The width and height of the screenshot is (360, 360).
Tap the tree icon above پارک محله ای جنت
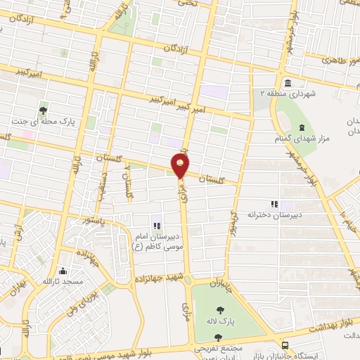pos(44,110)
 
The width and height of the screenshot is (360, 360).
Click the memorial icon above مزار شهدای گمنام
pos(302,127)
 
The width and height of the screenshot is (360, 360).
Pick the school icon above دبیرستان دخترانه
pos(284,203)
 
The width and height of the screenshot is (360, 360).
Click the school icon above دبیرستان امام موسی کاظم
pos(157,226)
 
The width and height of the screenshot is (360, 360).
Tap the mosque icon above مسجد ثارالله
pos(64,271)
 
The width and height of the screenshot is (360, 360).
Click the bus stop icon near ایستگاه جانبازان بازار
pos(285,345)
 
